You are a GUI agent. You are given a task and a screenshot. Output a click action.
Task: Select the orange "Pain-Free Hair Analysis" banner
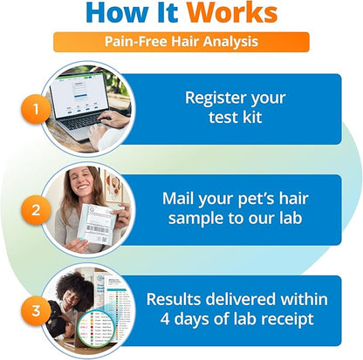(181, 42)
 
